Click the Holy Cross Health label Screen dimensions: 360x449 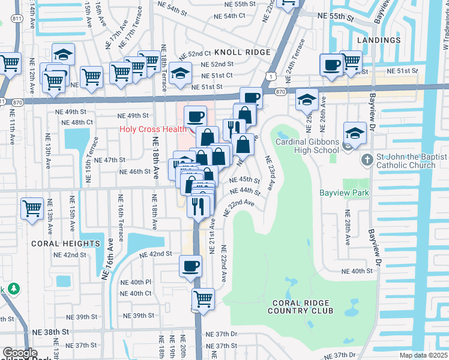tap(152, 128)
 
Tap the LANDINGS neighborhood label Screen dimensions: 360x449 tap(378, 40)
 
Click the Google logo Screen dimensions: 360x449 tap(19, 353)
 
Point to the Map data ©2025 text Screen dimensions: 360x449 tap(424, 355)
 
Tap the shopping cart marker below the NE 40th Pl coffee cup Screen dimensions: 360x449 tap(203, 298)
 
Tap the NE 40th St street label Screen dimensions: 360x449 tap(357, 271)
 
